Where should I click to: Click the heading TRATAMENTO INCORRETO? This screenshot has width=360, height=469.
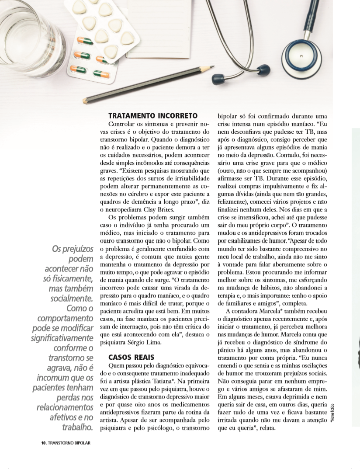point(153,116)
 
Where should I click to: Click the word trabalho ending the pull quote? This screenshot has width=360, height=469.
point(78,426)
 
